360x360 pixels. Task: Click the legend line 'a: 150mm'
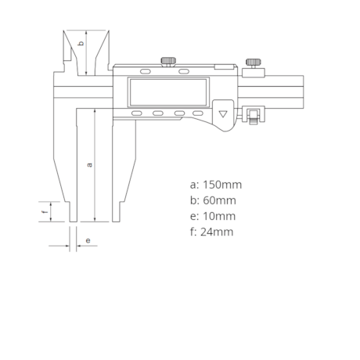216,185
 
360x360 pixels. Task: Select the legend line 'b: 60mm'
213,200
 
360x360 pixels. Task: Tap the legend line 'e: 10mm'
213,216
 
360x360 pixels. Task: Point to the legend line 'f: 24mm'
211,232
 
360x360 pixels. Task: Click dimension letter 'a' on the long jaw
89,165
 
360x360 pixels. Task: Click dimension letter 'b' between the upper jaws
81,43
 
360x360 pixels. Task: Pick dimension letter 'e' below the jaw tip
88,240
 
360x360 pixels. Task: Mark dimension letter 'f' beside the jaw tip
45,211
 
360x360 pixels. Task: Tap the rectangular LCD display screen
168,92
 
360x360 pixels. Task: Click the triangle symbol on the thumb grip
223,114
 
